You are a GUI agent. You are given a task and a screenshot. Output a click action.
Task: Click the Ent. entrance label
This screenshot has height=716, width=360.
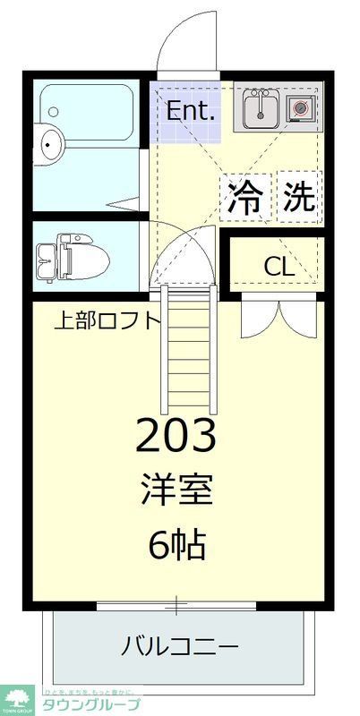coord(191,112)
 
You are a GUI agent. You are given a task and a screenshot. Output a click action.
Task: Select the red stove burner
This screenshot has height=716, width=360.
coord(301,108)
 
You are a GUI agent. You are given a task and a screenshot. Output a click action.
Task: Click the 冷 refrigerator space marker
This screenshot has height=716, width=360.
coord(245,195)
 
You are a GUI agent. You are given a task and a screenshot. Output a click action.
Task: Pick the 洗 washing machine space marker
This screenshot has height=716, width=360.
coord(298,195)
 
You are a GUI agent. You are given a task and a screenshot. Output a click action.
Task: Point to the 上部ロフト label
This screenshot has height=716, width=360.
coord(107,320)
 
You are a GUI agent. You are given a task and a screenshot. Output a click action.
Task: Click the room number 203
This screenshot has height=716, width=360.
coord(176,436)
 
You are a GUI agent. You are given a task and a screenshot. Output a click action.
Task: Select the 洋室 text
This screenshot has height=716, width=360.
coord(176,491)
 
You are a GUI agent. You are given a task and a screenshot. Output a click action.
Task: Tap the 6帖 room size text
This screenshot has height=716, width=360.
coord(176,544)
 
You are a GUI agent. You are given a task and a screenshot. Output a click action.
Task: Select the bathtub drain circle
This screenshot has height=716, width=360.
coord(54,113)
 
